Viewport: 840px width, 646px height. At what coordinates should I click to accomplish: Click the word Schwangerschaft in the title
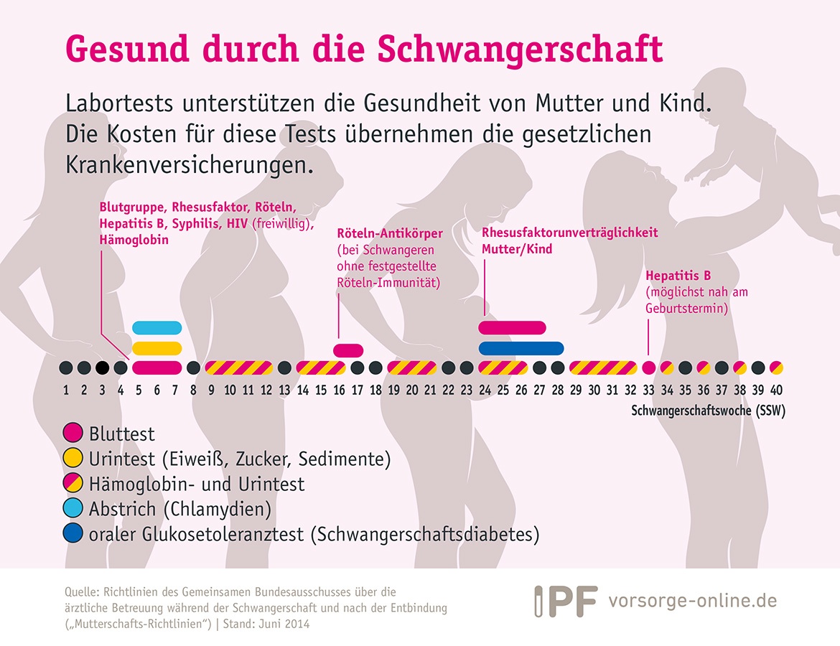(x=521, y=50)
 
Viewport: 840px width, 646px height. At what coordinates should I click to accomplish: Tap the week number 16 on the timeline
(x=339, y=390)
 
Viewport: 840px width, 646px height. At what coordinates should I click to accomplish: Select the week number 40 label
(x=776, y=390)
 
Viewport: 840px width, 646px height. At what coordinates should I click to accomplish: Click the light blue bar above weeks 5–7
(x=157, y=327)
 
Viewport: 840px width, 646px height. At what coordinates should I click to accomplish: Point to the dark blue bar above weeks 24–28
(x=521, y=349)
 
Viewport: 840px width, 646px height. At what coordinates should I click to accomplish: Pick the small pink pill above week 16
(x=348, y=351)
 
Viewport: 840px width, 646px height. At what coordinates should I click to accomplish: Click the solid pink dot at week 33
(x=649, y=368)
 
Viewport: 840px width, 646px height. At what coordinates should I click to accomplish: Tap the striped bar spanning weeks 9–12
(x=239, y=368)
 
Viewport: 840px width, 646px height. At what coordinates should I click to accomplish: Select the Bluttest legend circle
(x=73, y=432)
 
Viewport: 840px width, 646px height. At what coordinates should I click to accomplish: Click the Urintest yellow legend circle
(x=73, y=457)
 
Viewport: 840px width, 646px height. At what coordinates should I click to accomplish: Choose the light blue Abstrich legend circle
(x=73, y=507)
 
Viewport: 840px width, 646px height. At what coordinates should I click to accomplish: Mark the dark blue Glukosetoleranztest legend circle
(x=73, y=533)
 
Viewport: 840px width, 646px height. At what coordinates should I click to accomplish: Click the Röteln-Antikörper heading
(x=390, y=233)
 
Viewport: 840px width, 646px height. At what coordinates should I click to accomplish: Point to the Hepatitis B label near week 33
(x=678, y=276)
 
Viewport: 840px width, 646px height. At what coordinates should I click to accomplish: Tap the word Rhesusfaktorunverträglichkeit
(x=570, y=233)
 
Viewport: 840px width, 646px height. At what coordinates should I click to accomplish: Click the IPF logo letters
(x=566, y=601)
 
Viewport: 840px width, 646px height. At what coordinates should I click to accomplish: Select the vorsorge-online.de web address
(x=693, y=601)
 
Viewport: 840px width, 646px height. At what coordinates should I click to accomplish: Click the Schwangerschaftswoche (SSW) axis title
(x=708, y=411)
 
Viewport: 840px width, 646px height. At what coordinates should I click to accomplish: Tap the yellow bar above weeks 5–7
(x=157, y=348)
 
